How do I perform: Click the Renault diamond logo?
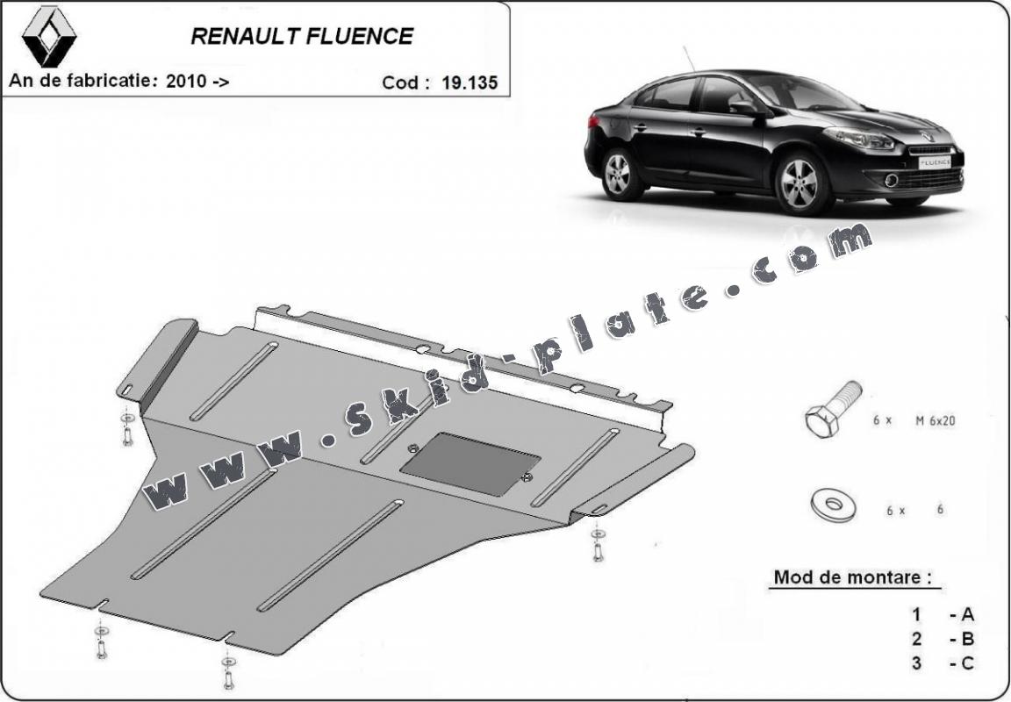point(49,37)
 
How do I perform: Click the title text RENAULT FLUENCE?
point(302,37)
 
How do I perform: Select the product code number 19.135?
point(470,83)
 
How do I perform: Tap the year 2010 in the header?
point(186,82)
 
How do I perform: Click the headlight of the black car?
point(859,138)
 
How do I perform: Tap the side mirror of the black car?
point(745,109)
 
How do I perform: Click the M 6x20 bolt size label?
point(935,421)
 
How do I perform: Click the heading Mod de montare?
point(852,577)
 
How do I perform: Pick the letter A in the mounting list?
point(967,615)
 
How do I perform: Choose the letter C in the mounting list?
point(967,663)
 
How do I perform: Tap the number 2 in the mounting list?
point(916,639)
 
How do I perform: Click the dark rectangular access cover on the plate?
point(470,463)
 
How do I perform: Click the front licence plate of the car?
point(935,162)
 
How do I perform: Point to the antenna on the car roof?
point(690,59)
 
